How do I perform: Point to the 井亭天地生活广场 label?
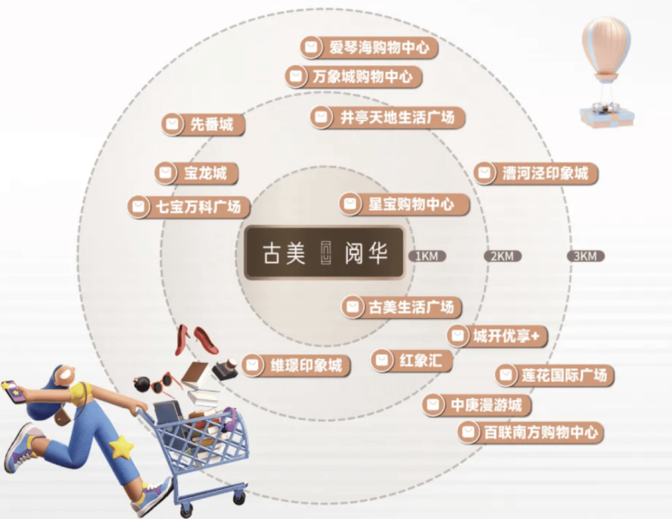tap(388, 117)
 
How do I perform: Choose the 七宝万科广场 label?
tap(189, 206)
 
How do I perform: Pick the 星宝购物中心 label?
tap(404, 204)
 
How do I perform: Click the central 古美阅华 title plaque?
tap(323, 253)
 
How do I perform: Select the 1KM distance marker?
tap(425, 256)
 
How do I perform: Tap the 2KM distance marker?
tap(502, 256)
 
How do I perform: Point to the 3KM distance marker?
tap(583, 256)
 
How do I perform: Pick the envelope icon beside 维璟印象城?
tap(252, 365)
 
